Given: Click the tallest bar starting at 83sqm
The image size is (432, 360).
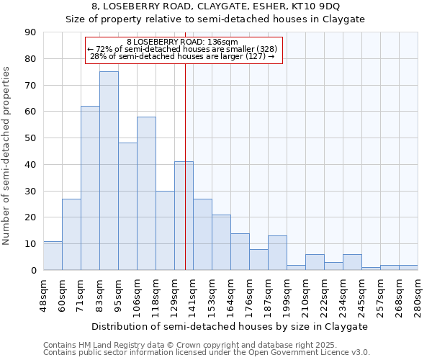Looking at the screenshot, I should pos(109,171).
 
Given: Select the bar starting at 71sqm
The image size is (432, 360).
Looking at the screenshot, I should pos(90,188).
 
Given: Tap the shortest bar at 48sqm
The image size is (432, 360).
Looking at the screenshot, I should pos(53,256).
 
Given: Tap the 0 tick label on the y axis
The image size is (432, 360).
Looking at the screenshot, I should pos(33,271).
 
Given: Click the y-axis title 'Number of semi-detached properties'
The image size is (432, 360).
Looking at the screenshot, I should pos(6,156).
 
